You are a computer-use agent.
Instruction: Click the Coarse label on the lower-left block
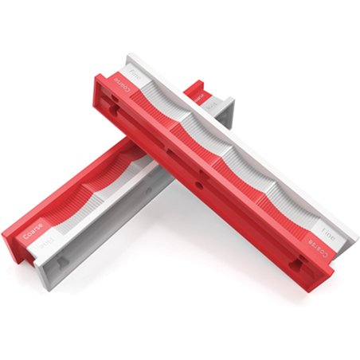pyautogui.click(x=34, y=236)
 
